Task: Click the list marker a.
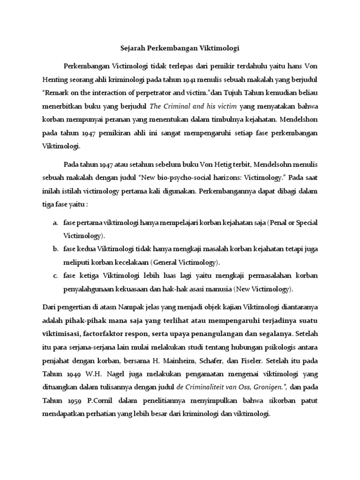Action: click(x=54, y=223)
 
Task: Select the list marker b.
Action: click(x=54, y=249)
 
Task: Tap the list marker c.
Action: click(x=54, y=276)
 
